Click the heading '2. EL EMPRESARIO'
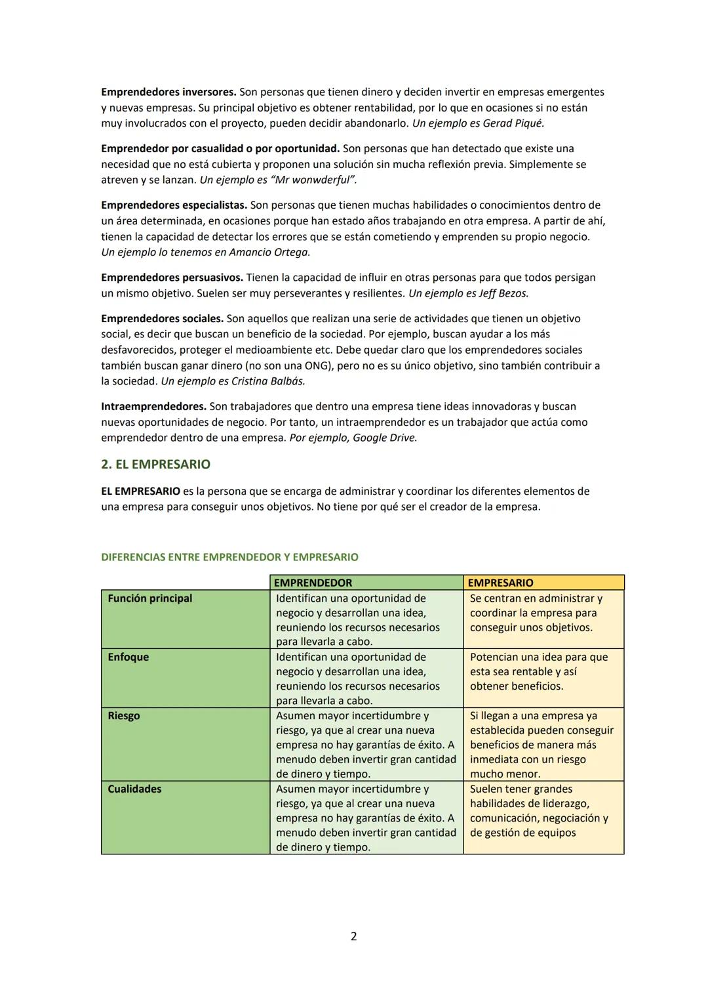pyautogui.click(x=155, y=465)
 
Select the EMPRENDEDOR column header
pyautogui.click(x=313, y=583)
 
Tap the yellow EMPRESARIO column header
pyautogui.click(x=500, y=583)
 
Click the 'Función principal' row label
pyautogui.click(x=150, y=598)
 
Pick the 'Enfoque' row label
pyautogui.click(x=128, y=657)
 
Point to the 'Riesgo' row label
pyautogui.click(x=124, y=716)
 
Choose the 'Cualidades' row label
pyautogui.click(x=134, y=789)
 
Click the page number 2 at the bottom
pyautogui.click(x=354, y=936)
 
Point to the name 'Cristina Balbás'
pyautogui.click(x=268, y=381)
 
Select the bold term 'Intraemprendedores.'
pyautogui.click(x=153, y=407)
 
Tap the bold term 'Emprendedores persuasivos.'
pyautogui.click(x=172, y=278)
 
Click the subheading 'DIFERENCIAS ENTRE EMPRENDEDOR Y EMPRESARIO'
pyautogui.click(x=229, y=557)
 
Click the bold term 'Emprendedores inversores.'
pyautogui.click(x=168, y=92)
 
